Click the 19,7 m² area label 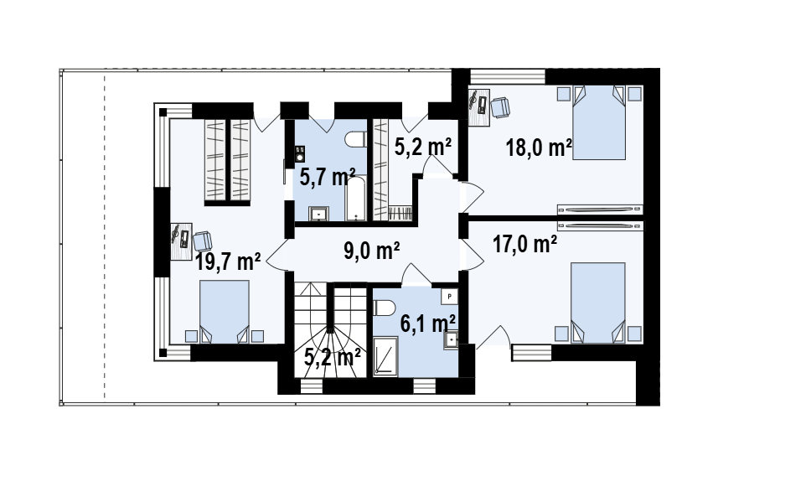click(x=228, y=261)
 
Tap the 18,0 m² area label click(x=539, y=148)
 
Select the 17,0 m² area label click(x=524, y=244)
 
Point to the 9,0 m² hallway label click(x=372, y=251)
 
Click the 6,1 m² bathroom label click(x=427, y=324)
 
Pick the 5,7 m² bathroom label click(x=328, y=178)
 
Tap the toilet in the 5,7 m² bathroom click(x=355, y=139)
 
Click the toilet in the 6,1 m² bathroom click(x=384, y=308)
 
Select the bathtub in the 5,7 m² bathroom click(x=355, y=199)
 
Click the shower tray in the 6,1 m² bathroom click(x=385, y=356)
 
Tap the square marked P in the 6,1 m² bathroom click(x=449, y=296)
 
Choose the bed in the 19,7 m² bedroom click(x=224, y=312)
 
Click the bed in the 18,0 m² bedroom click(x=599, y=122)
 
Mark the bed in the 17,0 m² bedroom click(x=598, y=303)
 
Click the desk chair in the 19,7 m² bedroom click(x=203, y=241)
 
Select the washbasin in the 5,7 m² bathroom click(x=319, y=214)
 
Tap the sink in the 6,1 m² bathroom click(x=451, y=340)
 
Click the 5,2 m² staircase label click(x=332, y=357)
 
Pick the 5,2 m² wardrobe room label click(x=423, y=147)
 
